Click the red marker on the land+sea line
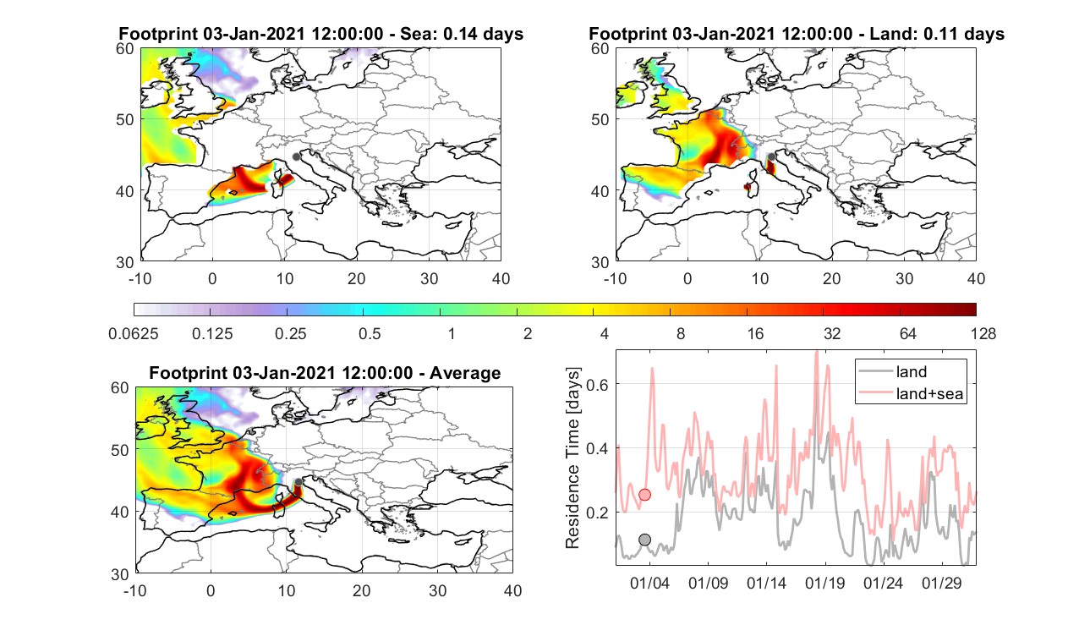pyautogui.click(x=644, y=495)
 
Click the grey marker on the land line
pyautogui.click(x=644, y=540)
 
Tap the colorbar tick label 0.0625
pyautogui.click(x=134, y=333)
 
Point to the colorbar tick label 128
pyautogui.click(x=983, y=333)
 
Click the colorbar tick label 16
pyautogui.click(x=755, y=333)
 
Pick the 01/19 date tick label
pyautogui.click(x=825, y=583)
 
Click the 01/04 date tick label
pyautogui.click(x=649, y=583)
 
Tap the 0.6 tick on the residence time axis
pyautogui.click(x=597, y=384)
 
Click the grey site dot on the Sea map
pyautogui.click(x=296, y=156)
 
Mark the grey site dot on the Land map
pyautogui.click(x=771, y=156)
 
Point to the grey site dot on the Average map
pyautogui.click(x=299, y=482)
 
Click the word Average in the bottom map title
pyautogui.click(x=465, y=373)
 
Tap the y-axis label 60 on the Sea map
pyautogui.click(x=124, y=49)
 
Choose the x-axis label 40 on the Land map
pyautogui.click(x=976, y=278)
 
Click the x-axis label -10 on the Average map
pyautogui.click(x=135, y=590)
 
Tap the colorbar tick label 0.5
pyautogui.click(x=370, y=333)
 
